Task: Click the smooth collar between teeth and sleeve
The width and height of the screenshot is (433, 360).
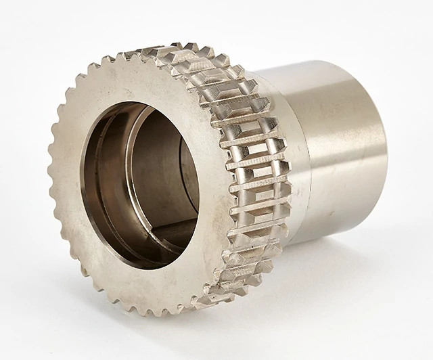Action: point(298,162)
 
